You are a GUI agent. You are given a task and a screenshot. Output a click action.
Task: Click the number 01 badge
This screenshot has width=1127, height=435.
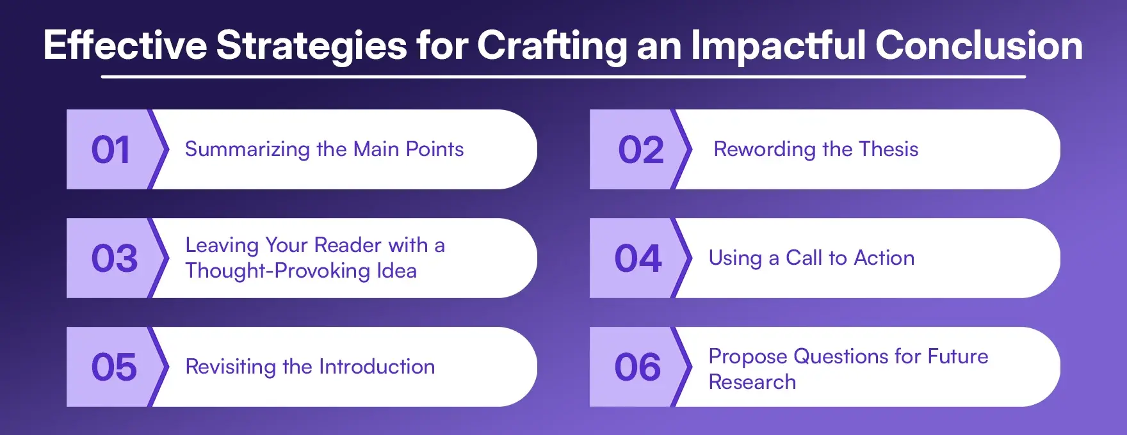(111, 150)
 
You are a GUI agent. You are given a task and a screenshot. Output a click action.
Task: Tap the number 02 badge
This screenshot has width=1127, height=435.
(640, 150)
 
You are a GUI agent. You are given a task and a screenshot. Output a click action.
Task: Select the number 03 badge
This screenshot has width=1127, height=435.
(114, 258)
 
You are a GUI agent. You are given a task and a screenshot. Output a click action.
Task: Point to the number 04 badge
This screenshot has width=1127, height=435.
(638, 258)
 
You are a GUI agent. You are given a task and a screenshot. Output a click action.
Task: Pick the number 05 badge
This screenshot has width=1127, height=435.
(114, 367)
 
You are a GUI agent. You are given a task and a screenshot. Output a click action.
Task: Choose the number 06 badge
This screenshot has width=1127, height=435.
(638, 367)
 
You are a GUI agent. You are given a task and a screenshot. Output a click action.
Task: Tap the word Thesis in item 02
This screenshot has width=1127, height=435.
(888, 149)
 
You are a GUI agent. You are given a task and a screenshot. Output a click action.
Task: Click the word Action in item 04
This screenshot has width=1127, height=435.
(884, 258)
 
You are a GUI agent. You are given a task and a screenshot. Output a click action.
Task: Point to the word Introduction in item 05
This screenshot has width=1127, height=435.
(377, 367)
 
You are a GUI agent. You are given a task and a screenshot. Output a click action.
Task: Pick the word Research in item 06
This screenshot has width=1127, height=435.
(752, 382)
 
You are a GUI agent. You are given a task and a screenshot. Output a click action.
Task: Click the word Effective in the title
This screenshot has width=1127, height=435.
(125, 45)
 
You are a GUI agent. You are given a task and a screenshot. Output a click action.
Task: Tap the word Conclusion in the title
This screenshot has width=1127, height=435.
(978, 45)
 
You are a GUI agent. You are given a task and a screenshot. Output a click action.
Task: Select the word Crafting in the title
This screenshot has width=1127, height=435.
(551, 47)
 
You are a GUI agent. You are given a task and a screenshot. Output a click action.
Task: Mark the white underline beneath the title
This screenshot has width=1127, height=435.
(563, 77)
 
